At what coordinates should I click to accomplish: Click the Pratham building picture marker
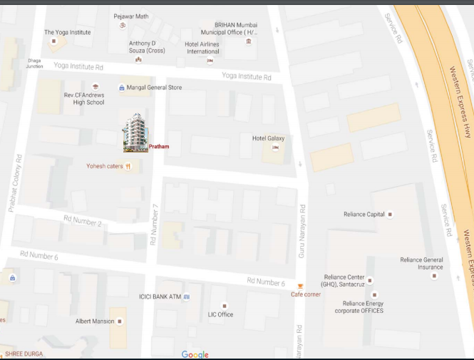tap(135, 133)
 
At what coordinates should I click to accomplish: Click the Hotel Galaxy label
tap(268, 138)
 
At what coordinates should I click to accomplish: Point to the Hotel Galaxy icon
tap(275, 148)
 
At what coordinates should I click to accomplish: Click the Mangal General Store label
tap(154, 87)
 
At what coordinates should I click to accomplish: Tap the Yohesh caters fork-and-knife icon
tap(128, 166)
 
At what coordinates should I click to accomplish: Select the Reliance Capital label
tap(364, 214)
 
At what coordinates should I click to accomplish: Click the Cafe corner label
tap(306, 294)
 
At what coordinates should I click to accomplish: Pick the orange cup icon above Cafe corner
tap(299, 286)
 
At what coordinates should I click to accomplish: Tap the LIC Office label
tap(220, 314)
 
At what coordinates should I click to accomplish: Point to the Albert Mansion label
tap(95, 322)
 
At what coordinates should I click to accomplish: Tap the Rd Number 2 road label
tap(83, 222)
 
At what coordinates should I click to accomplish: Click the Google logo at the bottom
tap(195, 354)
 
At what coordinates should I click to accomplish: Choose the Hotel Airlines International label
tap(202, 47)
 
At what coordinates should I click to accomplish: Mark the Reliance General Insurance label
tap(421, 263)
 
